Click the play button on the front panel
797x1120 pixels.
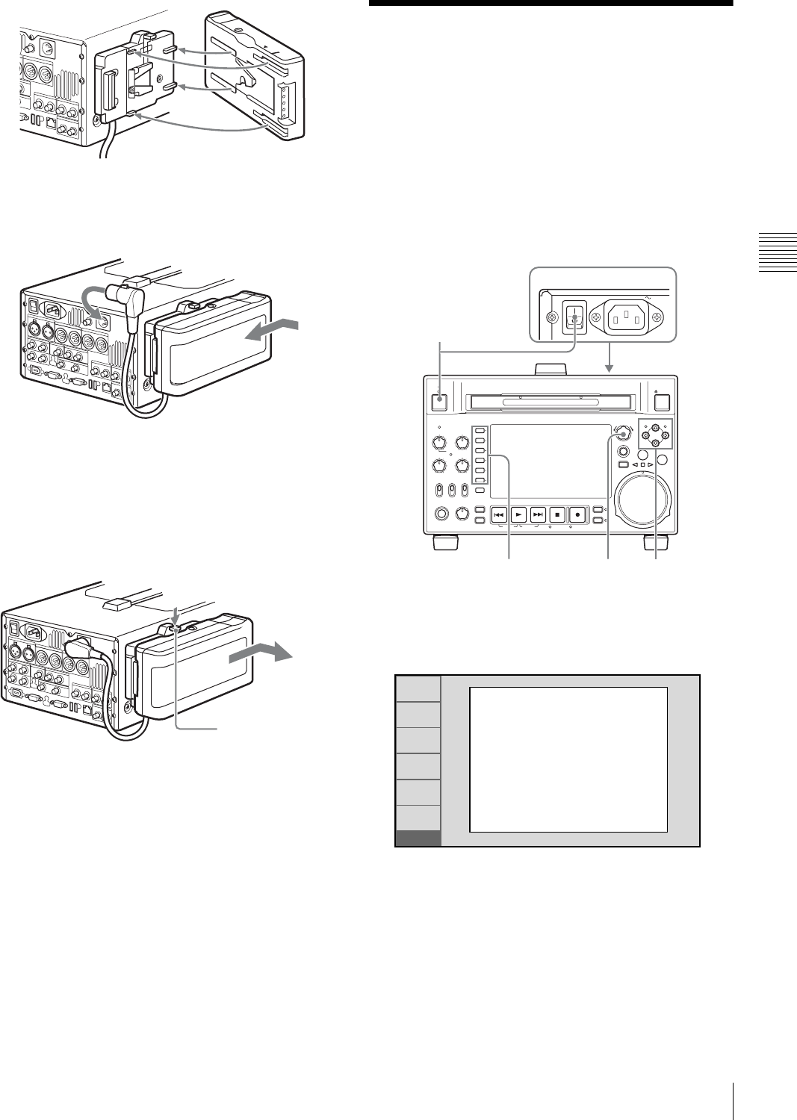519,514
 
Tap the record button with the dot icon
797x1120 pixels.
577,514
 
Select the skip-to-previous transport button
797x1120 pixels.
500,514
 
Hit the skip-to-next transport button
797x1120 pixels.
539,514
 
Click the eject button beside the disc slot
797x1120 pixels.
662,402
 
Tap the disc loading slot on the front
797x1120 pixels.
550,403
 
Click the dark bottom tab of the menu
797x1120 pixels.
418,838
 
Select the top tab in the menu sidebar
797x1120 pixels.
418,688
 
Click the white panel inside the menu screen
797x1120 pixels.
568,759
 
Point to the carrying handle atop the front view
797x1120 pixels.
551,369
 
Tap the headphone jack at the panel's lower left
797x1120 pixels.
442,514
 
